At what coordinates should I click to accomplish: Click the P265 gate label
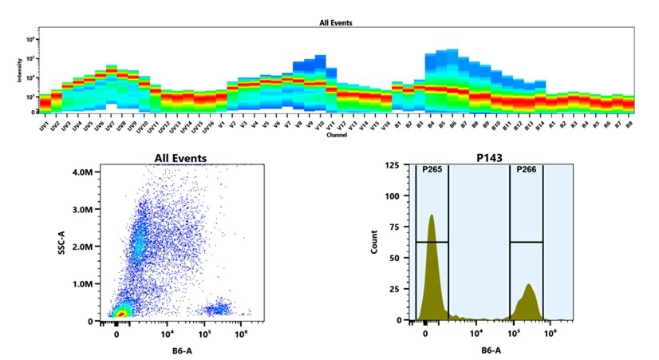(x=432, y=169)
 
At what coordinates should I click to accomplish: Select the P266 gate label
(x=526, y=169)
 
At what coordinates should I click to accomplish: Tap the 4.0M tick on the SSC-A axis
(x=81, y=172)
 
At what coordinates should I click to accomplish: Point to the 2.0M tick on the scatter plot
(x=81, y=247)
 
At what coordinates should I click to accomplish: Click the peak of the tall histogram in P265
(x=432, y=216)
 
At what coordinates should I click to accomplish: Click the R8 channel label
(x=628, y=125)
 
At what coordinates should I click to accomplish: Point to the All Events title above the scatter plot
(x=172, y=158)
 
